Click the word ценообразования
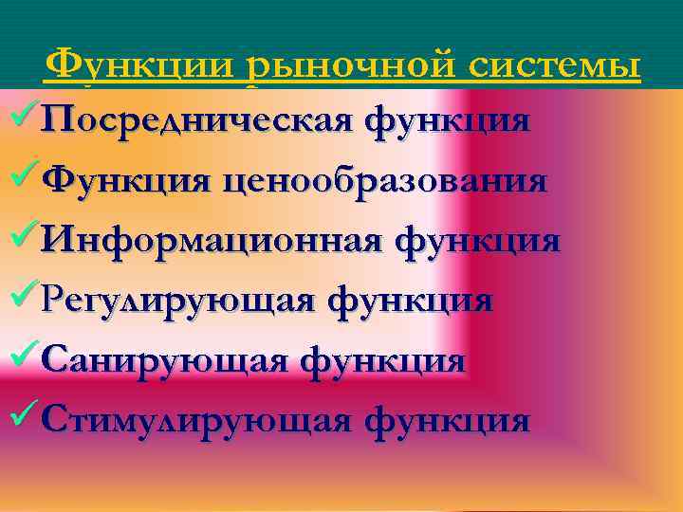click(385, 180)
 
